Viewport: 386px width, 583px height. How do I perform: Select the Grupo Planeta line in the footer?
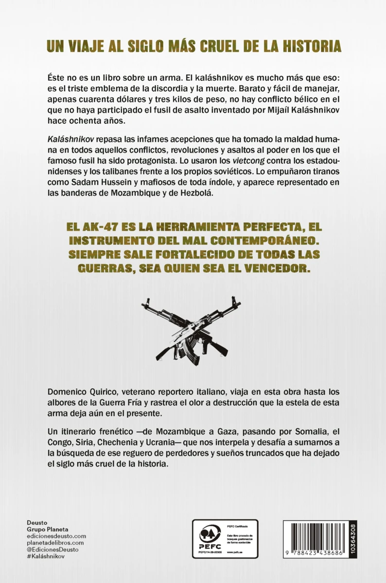tap(48, 529)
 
